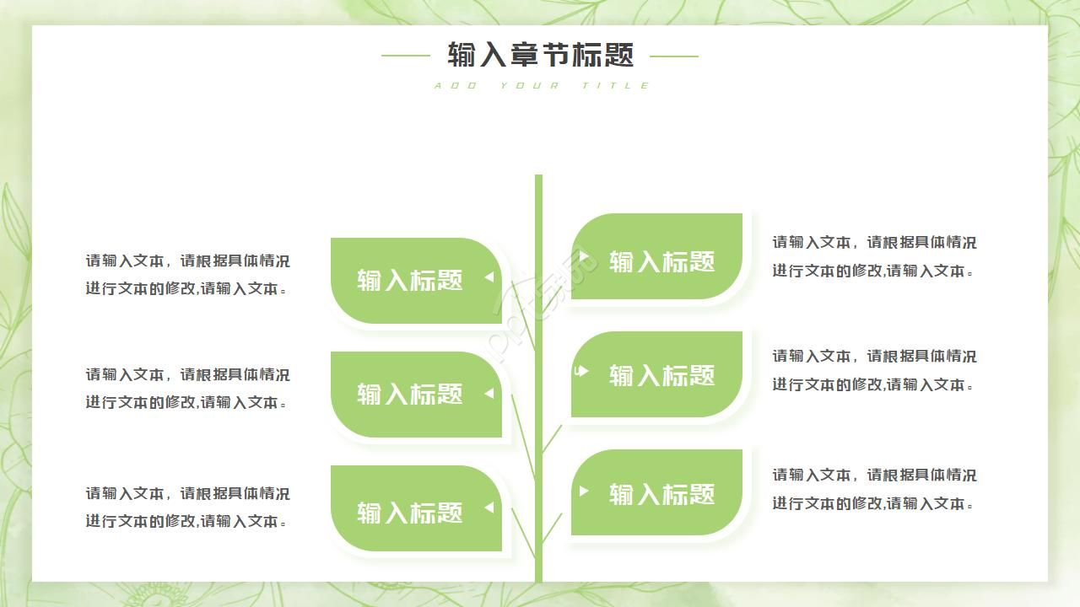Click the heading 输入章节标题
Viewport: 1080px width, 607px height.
pyautogui.click(x=540, y=56)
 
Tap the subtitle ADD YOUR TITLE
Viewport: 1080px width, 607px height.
pyautogui.click(x=542, y=85)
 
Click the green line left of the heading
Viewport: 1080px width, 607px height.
pyautogui.click(x=406, y=56)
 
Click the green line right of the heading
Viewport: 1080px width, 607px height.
pyautogui.click(x=673, y=56)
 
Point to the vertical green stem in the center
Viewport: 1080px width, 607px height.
pyautogui.click(x=538, y=379)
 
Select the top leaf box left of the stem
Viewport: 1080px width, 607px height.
pyautogui.click(x=415, y=281)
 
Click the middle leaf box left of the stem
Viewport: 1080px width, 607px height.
pyautogui.click(x=415, y=395)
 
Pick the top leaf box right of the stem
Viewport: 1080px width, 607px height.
pyautogui.click(x=657, y=257)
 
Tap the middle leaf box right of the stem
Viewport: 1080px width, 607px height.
pyautogui.click(x=657, y=374)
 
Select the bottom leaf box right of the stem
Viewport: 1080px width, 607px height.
pyautogui.click(x=657, y=492)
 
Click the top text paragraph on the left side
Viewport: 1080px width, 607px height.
pyautogui.click(x=187, y=275)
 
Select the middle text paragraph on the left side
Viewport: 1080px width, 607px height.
pyautogui.click(x=187, y=388)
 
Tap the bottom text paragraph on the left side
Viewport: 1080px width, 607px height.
pyautogui.click(x=187, y=507)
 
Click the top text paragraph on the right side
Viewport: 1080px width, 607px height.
pyautogui.click(x=874, y=256)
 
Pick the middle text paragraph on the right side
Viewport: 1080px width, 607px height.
pyautogui.click(x=874, y=370)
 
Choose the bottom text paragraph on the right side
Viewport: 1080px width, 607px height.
pyautogui.click(x=874, y=489)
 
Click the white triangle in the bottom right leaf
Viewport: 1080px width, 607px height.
pyautogui.click(x=583, y=491)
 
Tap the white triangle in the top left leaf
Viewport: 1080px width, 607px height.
pyautogui.click(x=489, y=277)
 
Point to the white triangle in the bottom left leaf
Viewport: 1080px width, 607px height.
pyautogui.click(x=489, y=508)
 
